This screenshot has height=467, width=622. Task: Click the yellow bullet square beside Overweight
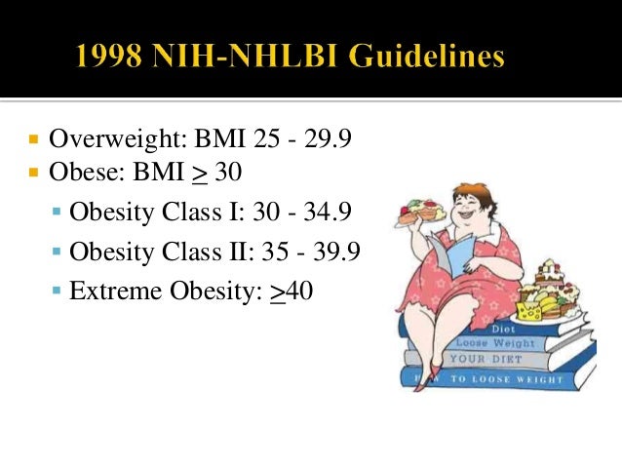[33, 139]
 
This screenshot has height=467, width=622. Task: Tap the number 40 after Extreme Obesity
[299, 291]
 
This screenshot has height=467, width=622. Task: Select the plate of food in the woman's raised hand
[421, 210]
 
